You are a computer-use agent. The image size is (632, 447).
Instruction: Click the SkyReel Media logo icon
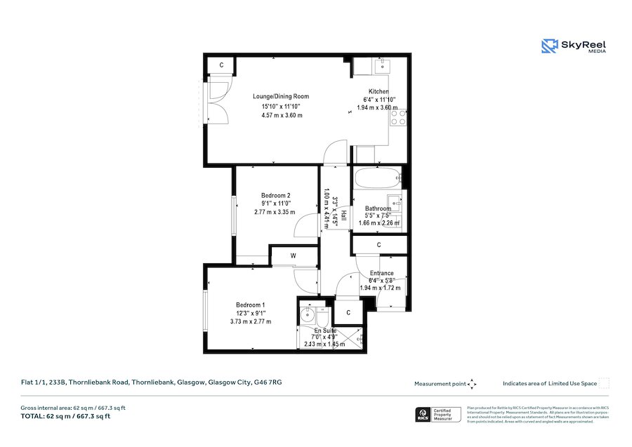coord(549,46)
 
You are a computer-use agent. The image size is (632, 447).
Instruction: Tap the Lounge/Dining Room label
coord(281,96)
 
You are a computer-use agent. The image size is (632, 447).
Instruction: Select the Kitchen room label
coord(378,91)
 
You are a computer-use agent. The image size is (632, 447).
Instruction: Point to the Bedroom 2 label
coord(275,195)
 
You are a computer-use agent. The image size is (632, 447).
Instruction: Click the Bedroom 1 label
coord(251,305)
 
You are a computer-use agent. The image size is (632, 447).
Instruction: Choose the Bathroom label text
coord(378,208)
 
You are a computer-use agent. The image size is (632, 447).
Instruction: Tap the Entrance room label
coord(381,273)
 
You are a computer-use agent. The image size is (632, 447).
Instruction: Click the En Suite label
coord(325,330)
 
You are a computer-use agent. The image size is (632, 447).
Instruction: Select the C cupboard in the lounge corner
coord(221,65)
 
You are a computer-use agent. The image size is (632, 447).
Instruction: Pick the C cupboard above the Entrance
coord(378,245)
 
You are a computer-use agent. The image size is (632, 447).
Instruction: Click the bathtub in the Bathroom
coord(377,177)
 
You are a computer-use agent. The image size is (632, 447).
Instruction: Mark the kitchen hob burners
coord(398,117)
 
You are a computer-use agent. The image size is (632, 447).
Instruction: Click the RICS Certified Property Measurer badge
coord(439,415)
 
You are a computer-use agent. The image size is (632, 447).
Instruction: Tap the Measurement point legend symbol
coord(472,384)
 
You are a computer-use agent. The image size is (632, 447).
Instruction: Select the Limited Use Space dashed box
coord(603,383)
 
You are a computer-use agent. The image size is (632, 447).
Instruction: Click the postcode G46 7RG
coord(269,382)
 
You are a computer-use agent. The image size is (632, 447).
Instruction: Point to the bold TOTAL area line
coord(65,416)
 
